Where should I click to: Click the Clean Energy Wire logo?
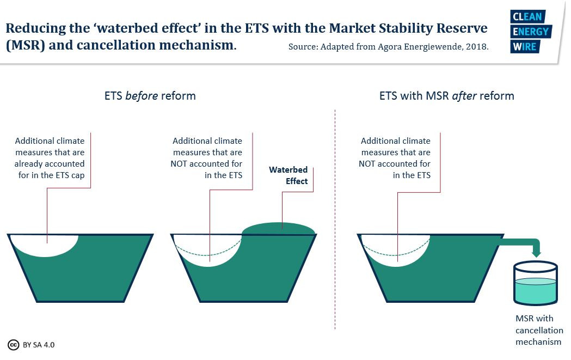530,32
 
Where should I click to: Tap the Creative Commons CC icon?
14,345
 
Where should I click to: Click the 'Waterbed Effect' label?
288,175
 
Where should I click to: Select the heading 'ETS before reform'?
150,96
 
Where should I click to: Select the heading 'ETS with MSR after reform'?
446,96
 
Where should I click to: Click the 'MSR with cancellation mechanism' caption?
539,330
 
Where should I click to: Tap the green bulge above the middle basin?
279,229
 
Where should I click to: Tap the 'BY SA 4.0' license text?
39,345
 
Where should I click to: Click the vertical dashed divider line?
335,218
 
